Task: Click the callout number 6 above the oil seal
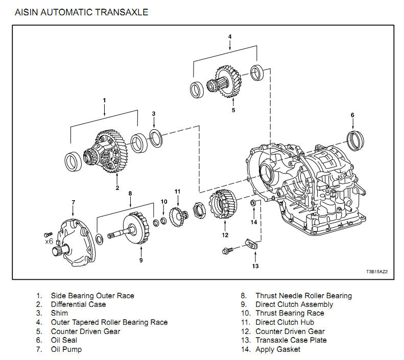[x=352, y=115]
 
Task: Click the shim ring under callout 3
[x=155, y=136]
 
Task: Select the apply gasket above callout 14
[x=253, y=204]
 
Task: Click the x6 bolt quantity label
[x=49, y=241]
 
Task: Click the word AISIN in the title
[x=30, y=12]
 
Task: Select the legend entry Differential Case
[x=78, y=304]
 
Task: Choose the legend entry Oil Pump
[x=66, y=349]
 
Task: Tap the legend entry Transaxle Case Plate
[x=291, y=340]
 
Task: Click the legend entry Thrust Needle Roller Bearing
[x=303, y=296]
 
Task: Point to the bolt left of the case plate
[x=228, y=250]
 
